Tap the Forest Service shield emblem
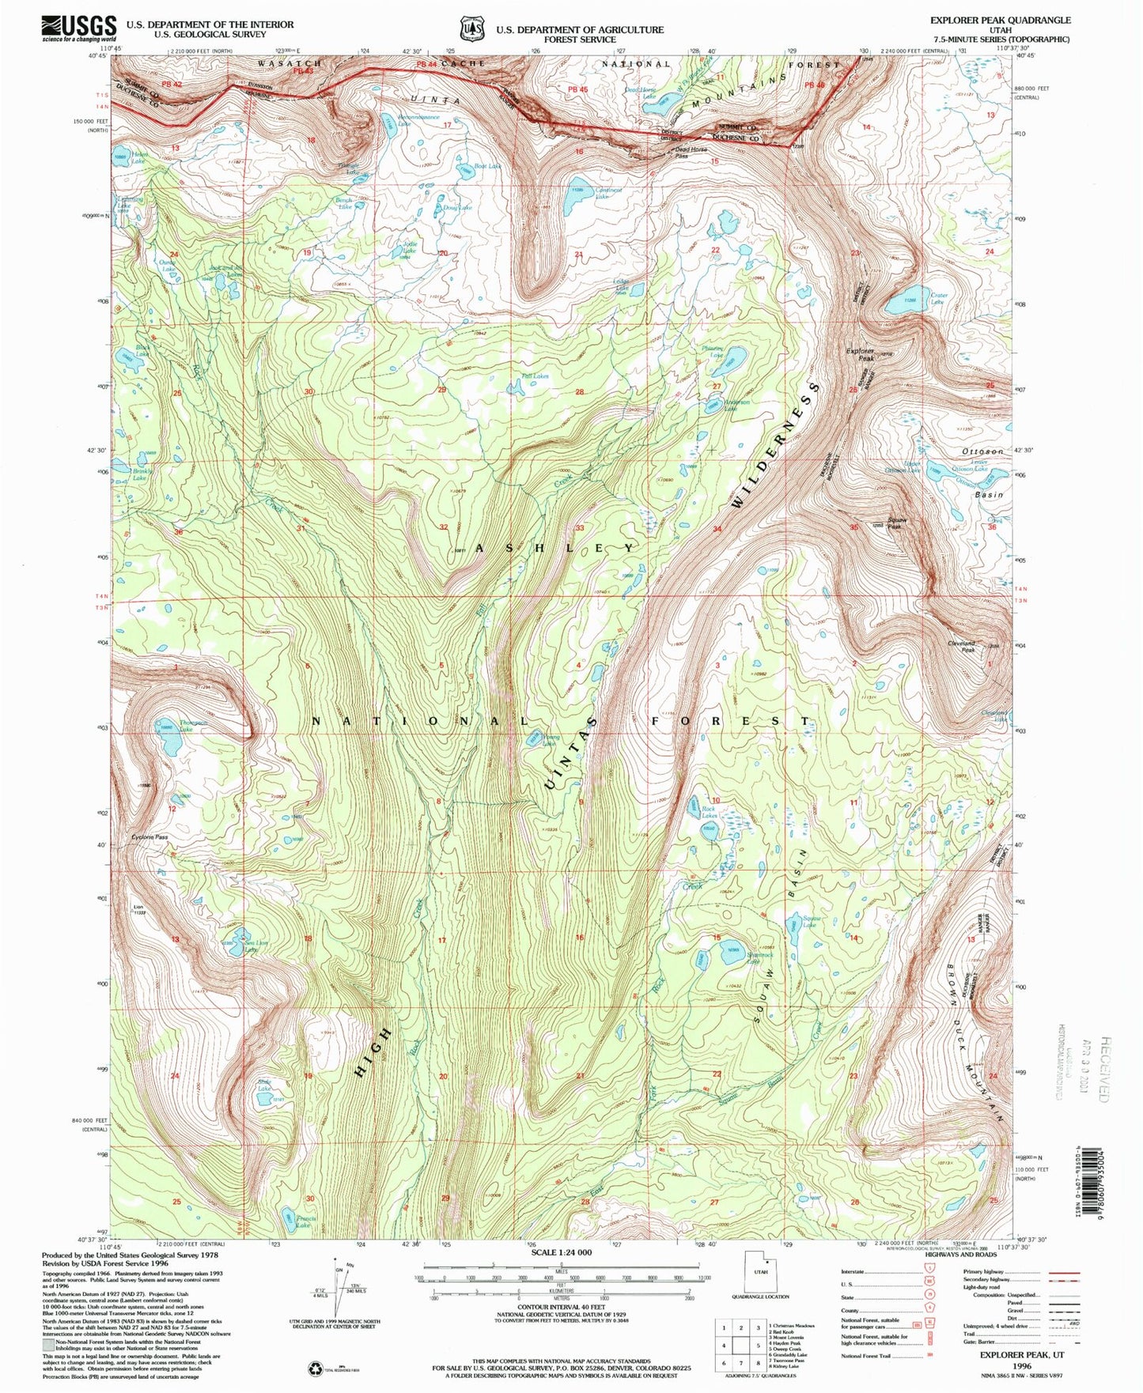[x=472, y=29]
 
